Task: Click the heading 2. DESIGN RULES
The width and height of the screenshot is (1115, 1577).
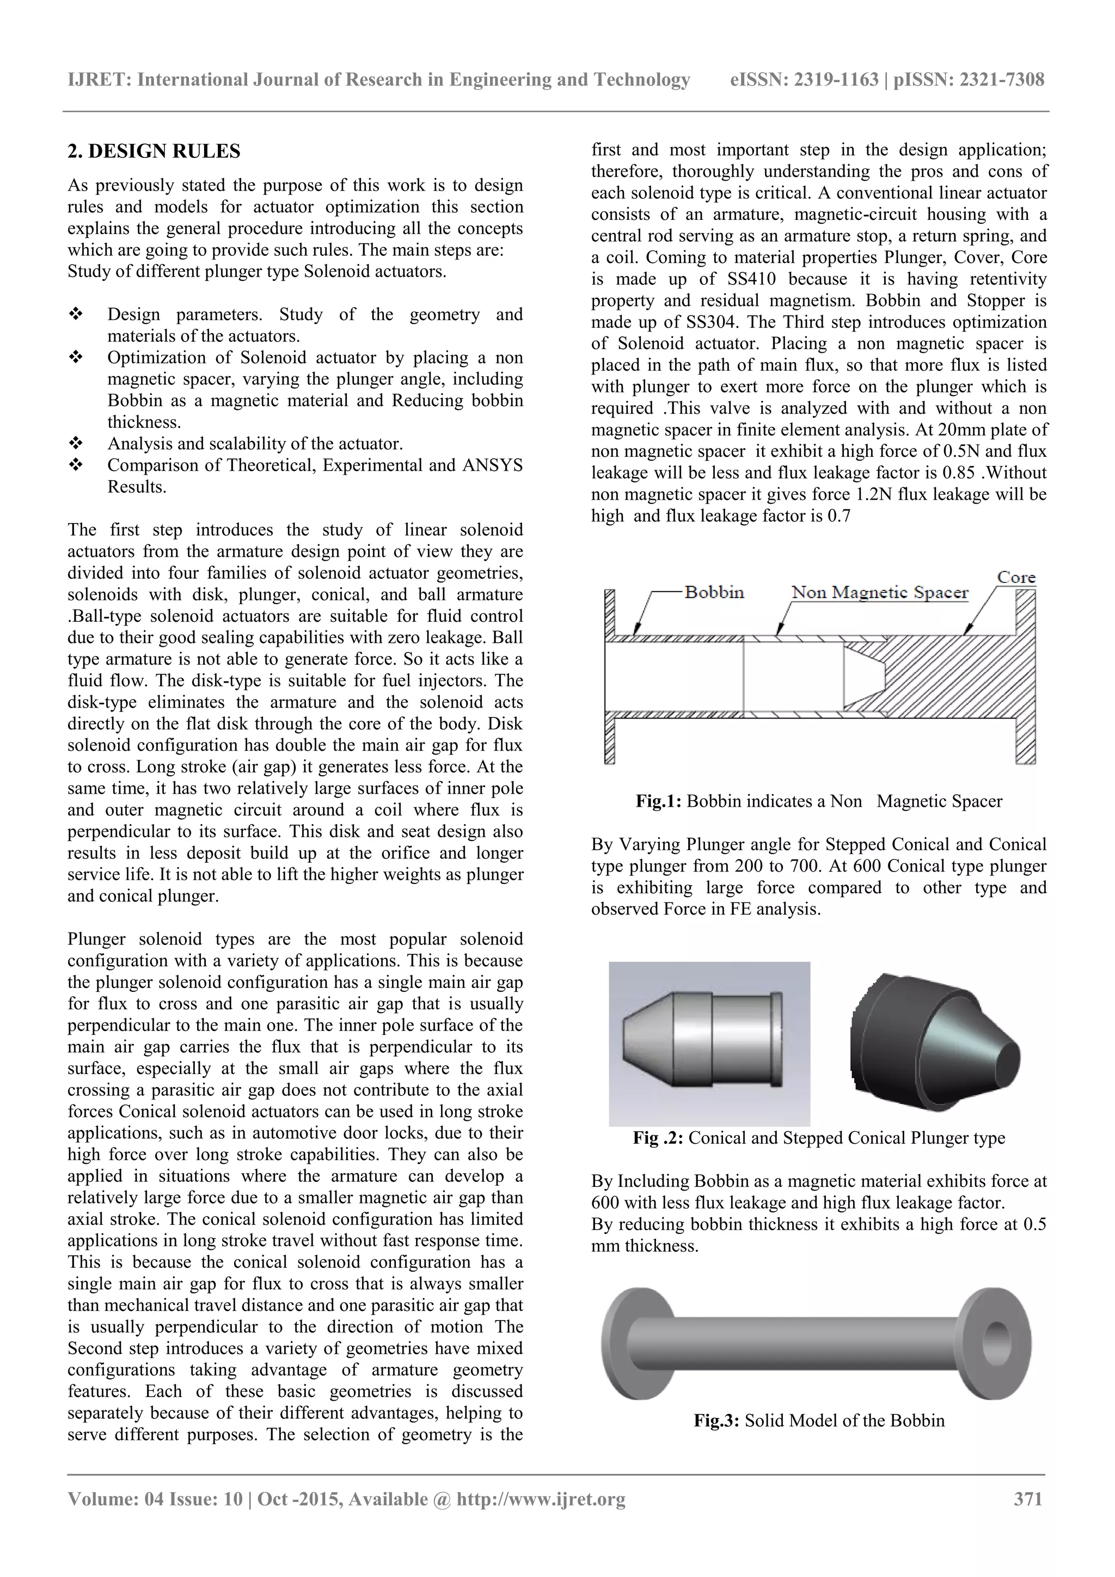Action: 154,151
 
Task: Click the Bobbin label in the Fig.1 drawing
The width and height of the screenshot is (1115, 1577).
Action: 714,592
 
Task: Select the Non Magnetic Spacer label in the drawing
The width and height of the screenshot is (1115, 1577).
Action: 879,592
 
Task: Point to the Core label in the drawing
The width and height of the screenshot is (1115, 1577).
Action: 1016,577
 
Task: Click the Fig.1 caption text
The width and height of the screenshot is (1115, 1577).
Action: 819,801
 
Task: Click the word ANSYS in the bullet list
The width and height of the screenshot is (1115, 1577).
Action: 492,465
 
